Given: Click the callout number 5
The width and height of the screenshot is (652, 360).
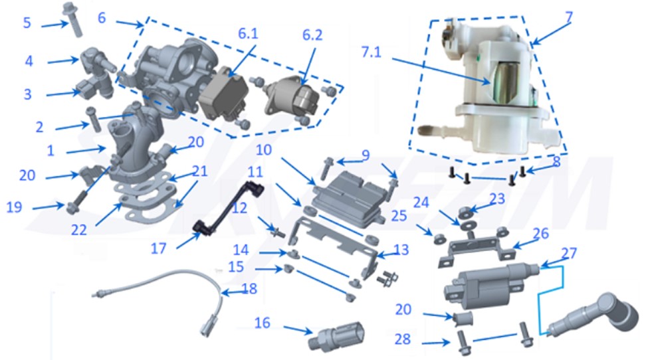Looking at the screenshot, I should point(27,23).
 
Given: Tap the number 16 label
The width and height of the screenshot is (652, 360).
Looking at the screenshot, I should point(263,323).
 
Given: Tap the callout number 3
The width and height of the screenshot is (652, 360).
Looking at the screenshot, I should point(27,94).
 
